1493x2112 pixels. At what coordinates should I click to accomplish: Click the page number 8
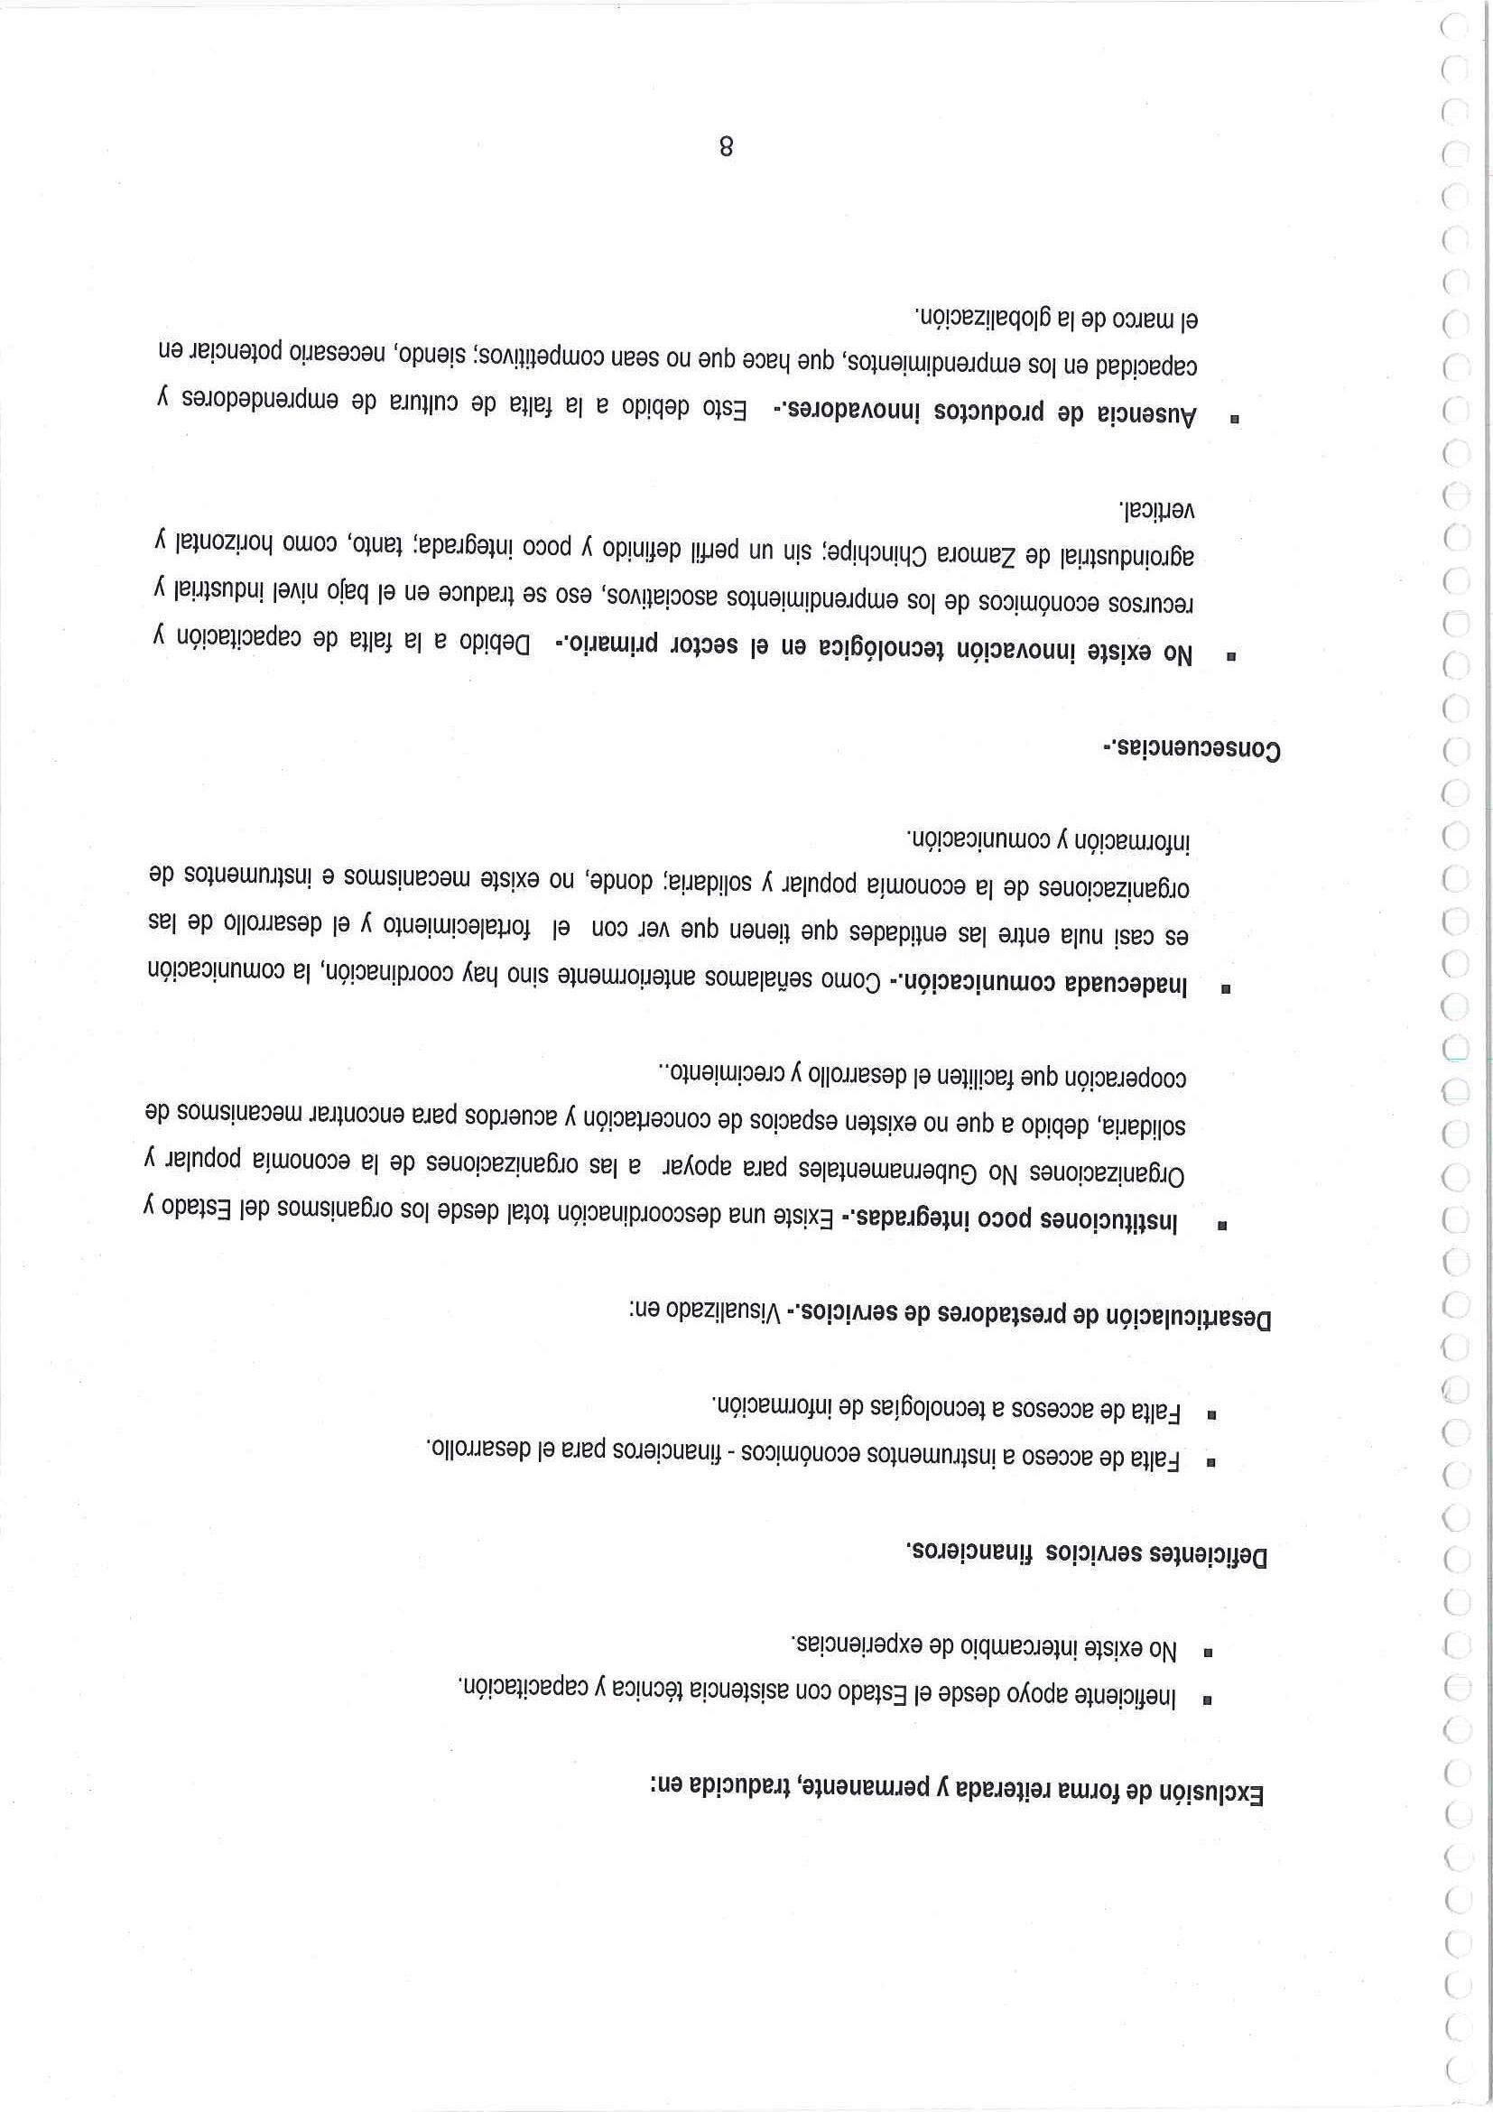coord(726,146)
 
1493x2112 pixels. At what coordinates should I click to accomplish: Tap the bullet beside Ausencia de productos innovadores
coord(1234,419)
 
